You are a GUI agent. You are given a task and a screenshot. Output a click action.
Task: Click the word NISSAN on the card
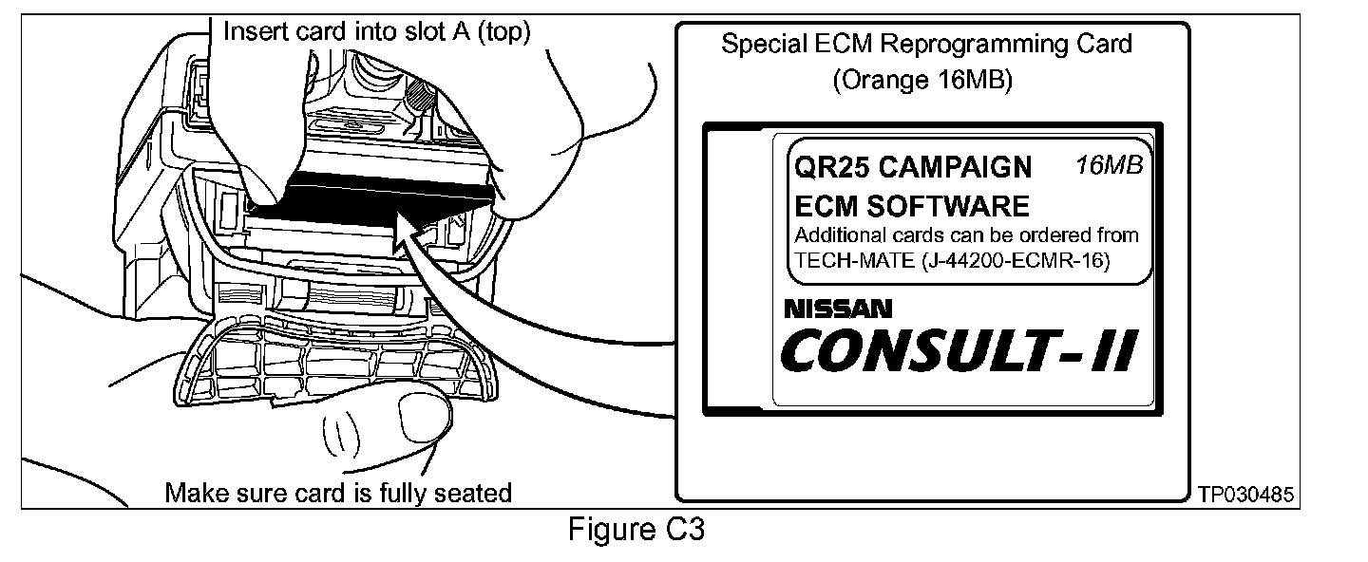(838, 309)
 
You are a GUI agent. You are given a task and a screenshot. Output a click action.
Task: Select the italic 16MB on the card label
(1109, 165)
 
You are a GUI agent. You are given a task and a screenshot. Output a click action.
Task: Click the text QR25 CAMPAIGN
(912, 168)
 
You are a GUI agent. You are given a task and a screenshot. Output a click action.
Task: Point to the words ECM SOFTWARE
(911, 206)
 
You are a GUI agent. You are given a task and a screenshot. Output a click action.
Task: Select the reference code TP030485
(1245, 495)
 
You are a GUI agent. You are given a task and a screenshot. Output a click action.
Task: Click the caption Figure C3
(636, 530)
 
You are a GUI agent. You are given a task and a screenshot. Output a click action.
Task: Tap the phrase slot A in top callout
(432, 31)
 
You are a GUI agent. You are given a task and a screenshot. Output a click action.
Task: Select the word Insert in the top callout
(249, 31)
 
